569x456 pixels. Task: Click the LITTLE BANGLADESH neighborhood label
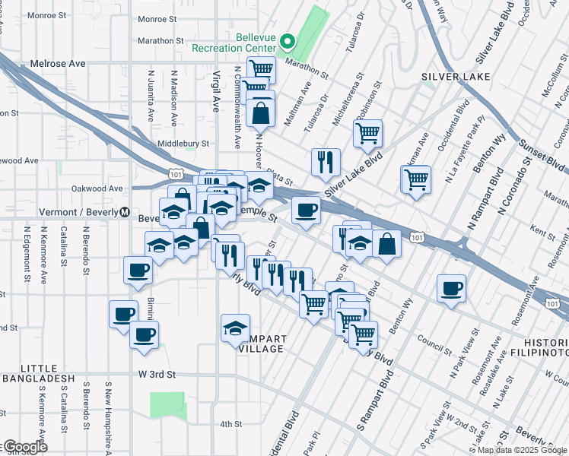pos(37,378)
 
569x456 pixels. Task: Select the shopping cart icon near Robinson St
pos(367,134)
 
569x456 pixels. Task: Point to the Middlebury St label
pos(183,143)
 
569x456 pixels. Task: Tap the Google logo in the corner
pos(24,447)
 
